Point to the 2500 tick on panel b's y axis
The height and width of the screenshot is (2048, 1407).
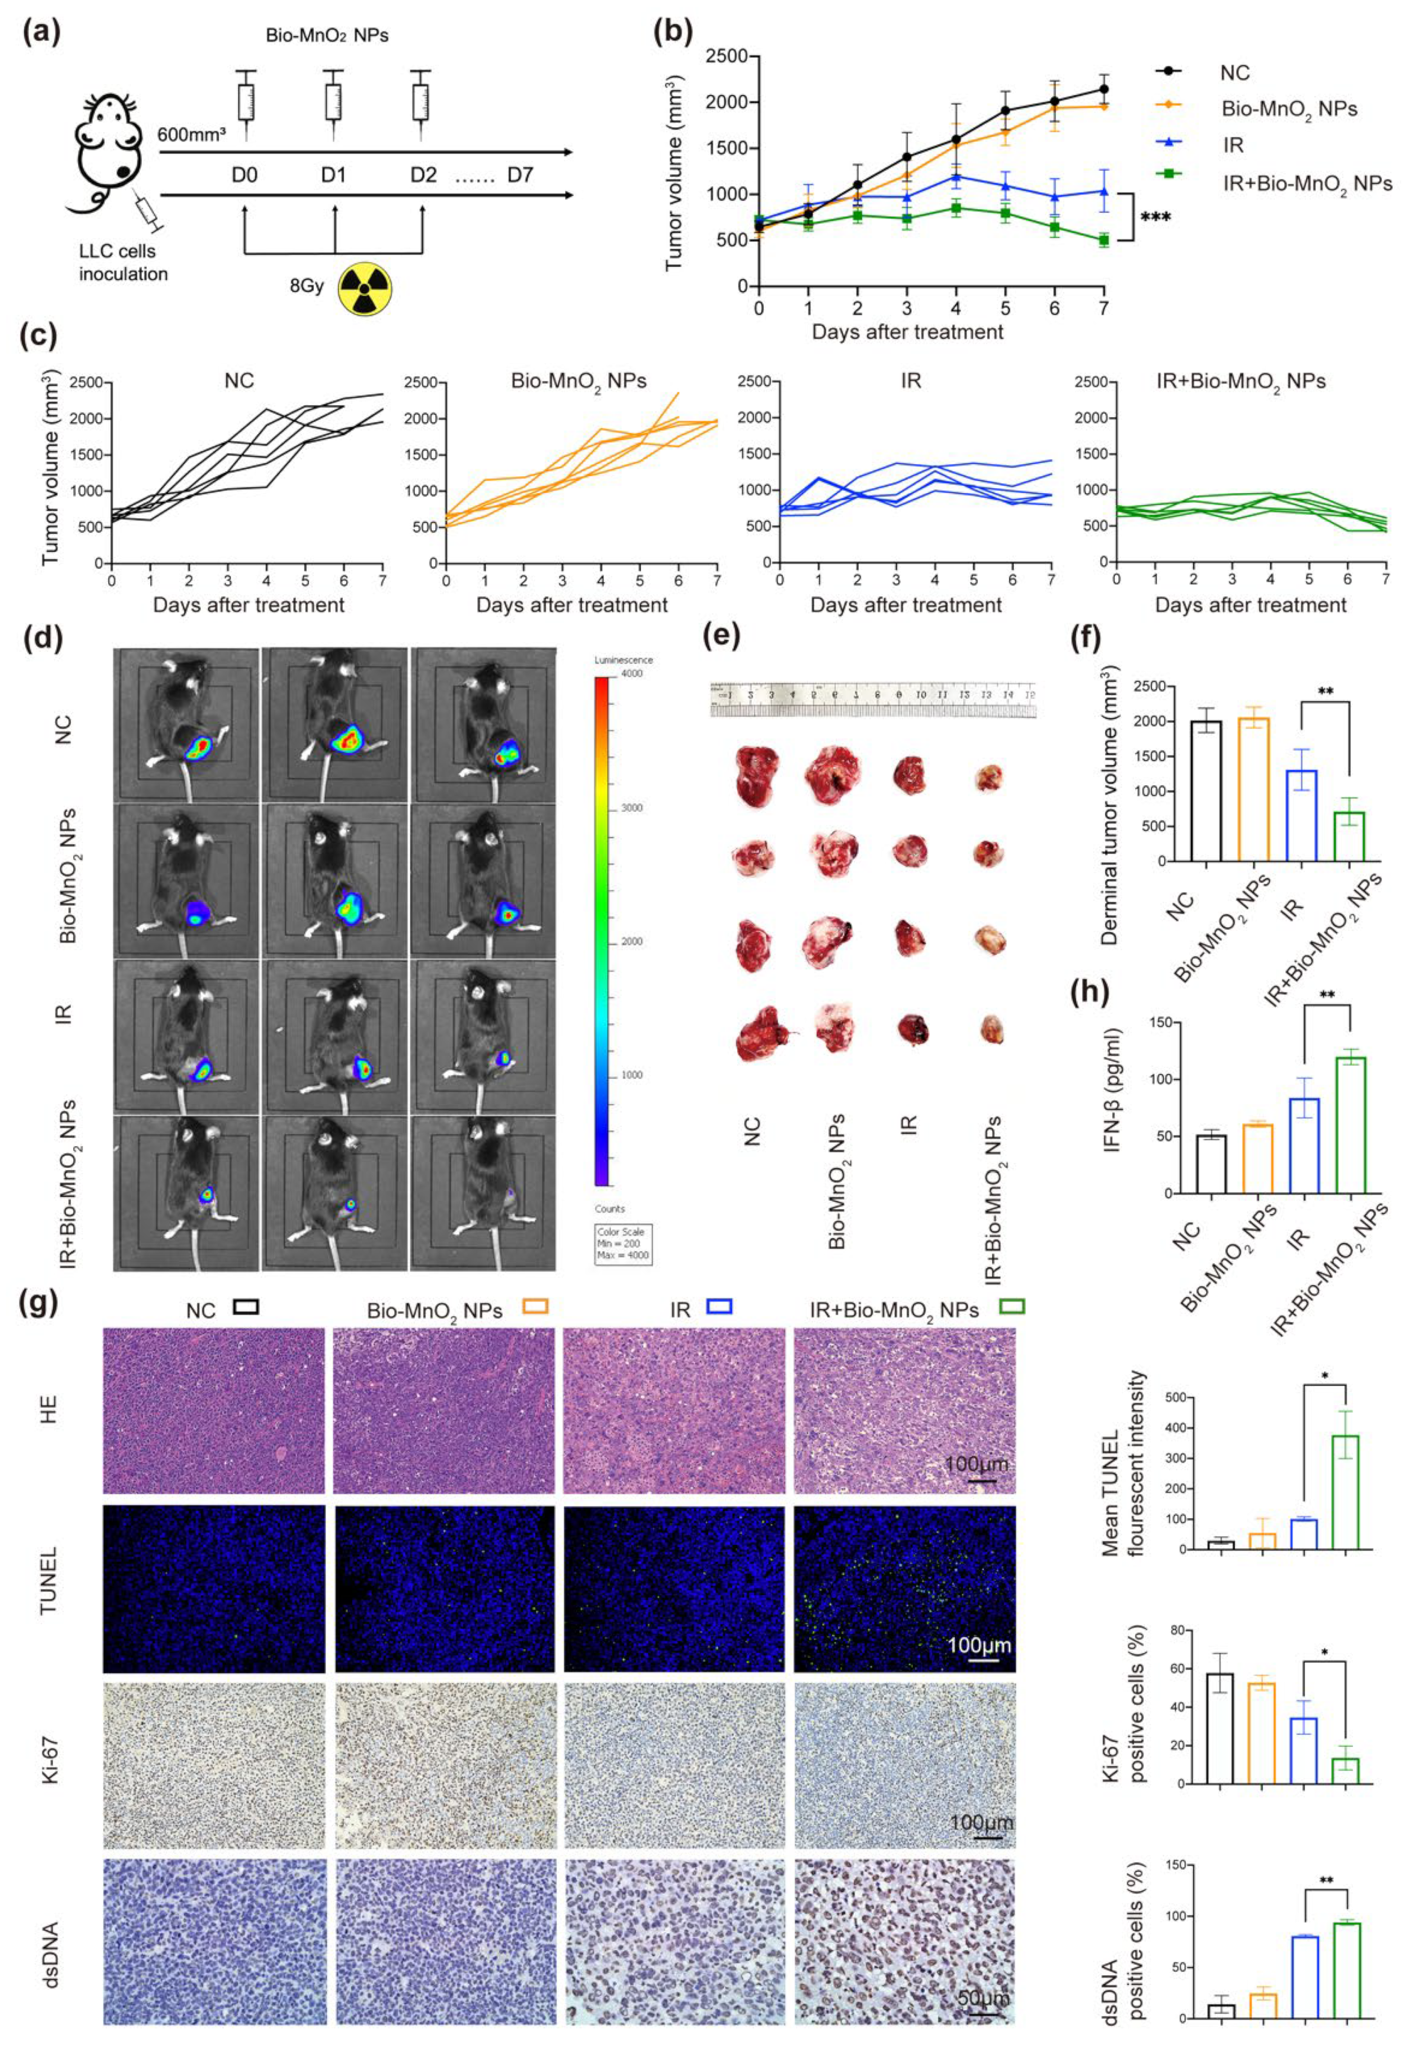pyautogui.click(x=730, y=56)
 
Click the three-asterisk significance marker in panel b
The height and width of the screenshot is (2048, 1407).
pyautogui.click(x=1155, y=217)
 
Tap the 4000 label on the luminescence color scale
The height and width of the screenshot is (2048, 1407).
pyautogui.click(x=631, y=673)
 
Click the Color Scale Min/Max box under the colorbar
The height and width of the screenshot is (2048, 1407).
pyautogui.click(x=623, y=1243)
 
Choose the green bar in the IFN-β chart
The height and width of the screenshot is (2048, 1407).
pyautogui.click(x=1350, y=1125)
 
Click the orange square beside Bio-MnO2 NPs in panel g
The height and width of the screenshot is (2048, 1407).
pyautogui.click(x=535, y=1307)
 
